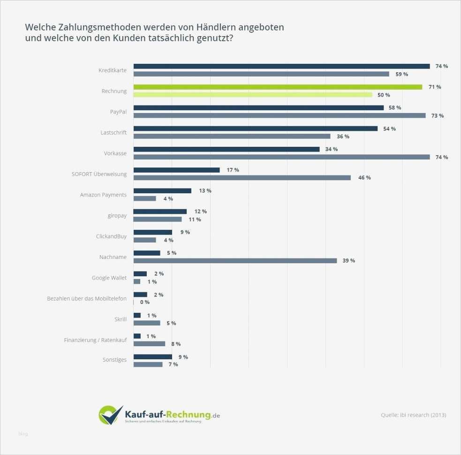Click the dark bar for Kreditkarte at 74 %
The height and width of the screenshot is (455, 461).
coord(281,66)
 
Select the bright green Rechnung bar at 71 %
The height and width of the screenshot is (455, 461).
coord(278,87)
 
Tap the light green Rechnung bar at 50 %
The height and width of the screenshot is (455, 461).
coord(253,95)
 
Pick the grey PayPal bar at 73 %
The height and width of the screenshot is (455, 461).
coord(280,115)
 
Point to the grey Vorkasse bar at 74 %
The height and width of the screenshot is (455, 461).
coord(281,157)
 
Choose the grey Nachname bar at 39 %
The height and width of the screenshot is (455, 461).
coord(235,260)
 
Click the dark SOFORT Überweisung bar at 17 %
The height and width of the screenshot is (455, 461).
coord(176,170)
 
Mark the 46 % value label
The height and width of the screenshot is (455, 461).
coord(364,178)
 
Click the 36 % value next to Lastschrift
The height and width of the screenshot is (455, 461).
coord(343,136)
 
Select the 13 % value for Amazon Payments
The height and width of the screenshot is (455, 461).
coord(205,190)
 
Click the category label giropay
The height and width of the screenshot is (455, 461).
coord(117,215)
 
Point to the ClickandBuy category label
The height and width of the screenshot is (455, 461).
coord(111,236)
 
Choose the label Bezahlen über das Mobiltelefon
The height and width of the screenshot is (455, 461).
coord(87,298)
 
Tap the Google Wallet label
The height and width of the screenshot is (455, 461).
coord(109,278)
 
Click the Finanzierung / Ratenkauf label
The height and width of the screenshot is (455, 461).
coord(95,340)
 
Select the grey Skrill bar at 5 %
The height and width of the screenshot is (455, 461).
coord(147,323)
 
